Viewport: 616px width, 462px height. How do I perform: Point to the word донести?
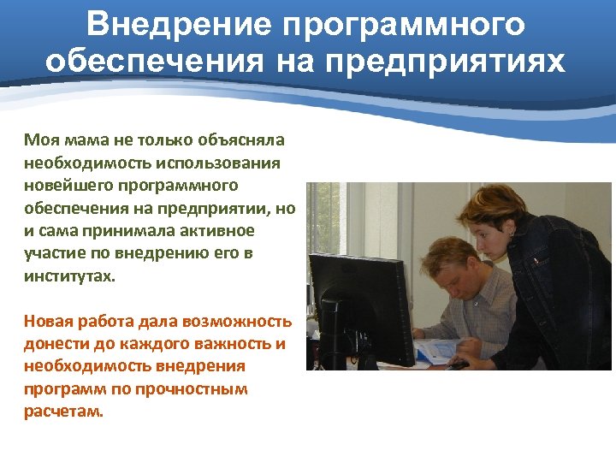[x=53, y=345]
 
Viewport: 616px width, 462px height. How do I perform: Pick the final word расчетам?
[x=63, y=412]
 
